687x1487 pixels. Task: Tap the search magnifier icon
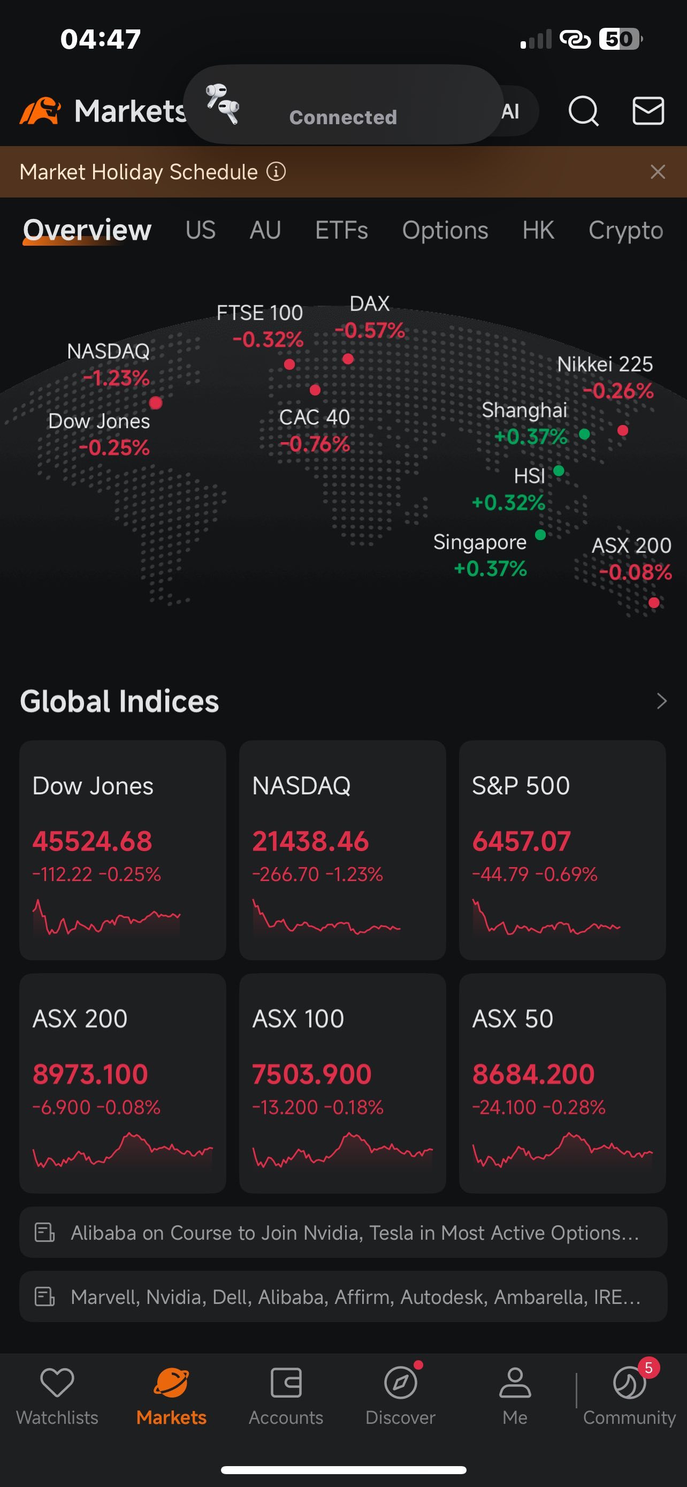click(x=583, y=110)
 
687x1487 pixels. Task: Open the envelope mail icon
click(x=648, y=110)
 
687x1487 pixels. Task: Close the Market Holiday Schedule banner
click(x=658, y=171)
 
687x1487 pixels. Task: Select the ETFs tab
click(x=341, y=230)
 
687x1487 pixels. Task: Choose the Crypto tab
click(x=626, y=230)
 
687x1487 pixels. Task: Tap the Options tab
click(x=445, y=230)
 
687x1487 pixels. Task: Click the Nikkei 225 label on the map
click(x=605, y=364)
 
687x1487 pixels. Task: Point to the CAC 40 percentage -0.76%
click(x=315, y=444)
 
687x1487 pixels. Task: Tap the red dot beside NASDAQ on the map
click(x=156, y=403)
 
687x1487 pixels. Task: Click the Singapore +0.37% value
click(x=490, y=568)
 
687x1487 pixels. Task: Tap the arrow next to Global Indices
click(x=662, y=701)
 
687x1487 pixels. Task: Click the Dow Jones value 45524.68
click(x=92, y=841)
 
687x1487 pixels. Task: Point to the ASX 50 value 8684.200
click(x=533, y=1074)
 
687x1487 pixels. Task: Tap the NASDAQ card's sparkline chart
click(x=326, y=917)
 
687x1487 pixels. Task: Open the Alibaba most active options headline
click(x=355, y=1232)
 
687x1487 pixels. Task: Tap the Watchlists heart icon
click(x=57, y=1383)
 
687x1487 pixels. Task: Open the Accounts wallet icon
click(x=286, y=1383)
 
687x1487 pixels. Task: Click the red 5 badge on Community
click(x=648, y=1368)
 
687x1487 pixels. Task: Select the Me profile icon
click(x=515, y=1383)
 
